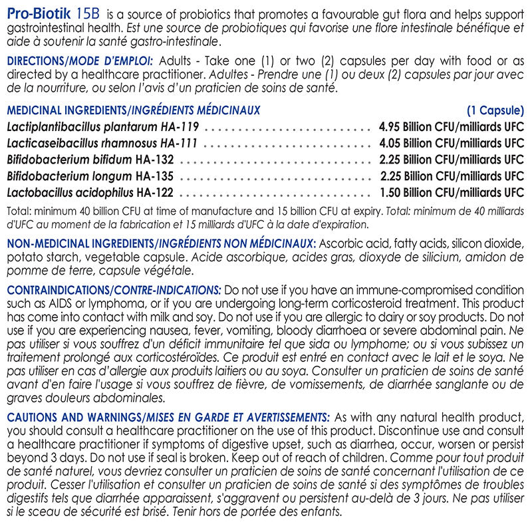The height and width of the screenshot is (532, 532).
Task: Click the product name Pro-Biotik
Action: (x=37, y=14)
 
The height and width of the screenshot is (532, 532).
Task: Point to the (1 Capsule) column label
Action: (x=495, y=110)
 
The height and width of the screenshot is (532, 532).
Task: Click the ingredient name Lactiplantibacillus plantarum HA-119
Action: (x=103, y=126)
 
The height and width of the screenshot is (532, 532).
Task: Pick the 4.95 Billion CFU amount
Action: (x=452, y=126)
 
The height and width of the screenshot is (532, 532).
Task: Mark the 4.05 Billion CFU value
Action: (x=452, y=143)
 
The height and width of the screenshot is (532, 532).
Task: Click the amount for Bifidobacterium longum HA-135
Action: (x=452, y=176)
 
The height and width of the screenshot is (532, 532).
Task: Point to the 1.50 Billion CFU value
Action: (x=452, y=193)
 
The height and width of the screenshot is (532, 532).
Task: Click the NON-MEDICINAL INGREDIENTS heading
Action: (x=80, y=243)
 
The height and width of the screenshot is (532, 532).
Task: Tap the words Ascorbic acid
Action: (x=346, y=243)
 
